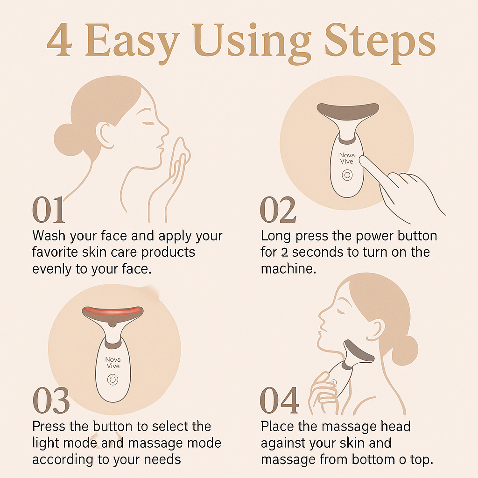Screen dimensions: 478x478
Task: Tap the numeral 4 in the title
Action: (59, 42)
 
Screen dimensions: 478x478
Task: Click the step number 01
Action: (49, 211)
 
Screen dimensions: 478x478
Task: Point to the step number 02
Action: (278, 211)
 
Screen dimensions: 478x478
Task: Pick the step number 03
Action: (51, 401)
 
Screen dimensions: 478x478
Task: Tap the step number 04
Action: (279, 401)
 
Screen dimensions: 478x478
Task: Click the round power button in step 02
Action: (347, 176)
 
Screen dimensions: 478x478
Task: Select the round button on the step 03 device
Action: (112, 380)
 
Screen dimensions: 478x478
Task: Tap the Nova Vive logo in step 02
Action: (347, 158)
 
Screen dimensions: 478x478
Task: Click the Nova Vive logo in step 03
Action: (112, 363)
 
